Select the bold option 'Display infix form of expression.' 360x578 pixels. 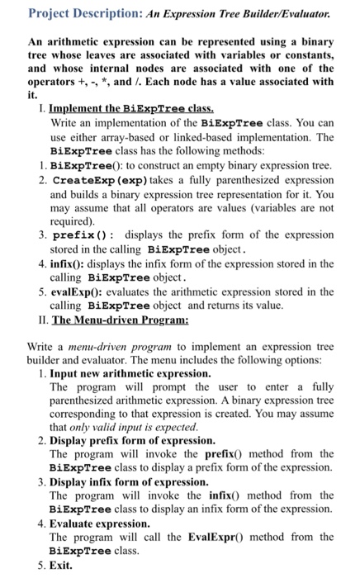[x=128, y=481]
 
